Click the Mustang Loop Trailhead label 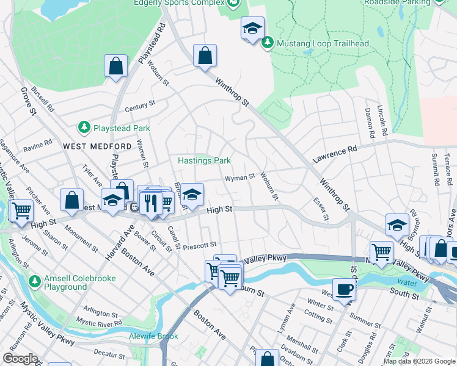[323, 43]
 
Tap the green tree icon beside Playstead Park [84, 127]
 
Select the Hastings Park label [204, 160]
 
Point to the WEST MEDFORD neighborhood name [97, 146]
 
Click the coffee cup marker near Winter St [344, 289]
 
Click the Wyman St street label [239, 178]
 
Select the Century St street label [137, 108]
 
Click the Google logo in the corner [20, 359]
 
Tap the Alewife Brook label [153, 336]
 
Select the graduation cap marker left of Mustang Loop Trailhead [252, 28]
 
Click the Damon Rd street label [368, 122]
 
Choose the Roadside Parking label [398, 2]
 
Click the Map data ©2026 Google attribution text [419, 361]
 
